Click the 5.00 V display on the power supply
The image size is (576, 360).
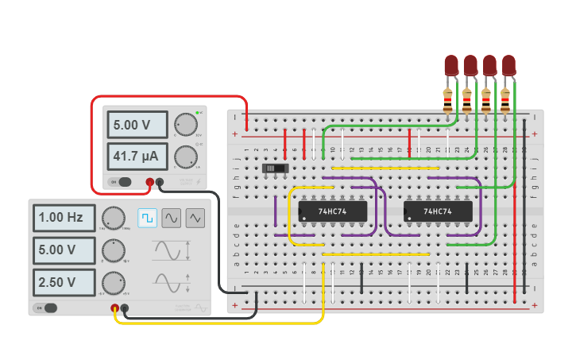(137, 125)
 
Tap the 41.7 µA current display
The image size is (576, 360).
(137, 156)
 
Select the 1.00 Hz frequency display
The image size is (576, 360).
(64, 217)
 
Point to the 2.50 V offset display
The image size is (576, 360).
(64, 282)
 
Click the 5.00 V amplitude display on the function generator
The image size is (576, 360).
(64, 250)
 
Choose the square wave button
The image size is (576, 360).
(148, 217)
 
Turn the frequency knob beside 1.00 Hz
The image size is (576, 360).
(113, 218)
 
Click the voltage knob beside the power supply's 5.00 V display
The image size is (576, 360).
(186, 125)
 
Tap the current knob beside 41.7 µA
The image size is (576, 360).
(186, 156)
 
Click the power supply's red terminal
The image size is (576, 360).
(149, 183)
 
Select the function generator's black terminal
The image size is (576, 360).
(125, 308)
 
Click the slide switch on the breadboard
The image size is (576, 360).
(275, 168)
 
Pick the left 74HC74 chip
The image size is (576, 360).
(333, 211)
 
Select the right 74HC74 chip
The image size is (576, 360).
(439, 211)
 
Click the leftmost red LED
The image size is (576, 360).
(451, 65)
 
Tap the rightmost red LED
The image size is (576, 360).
(508, 65)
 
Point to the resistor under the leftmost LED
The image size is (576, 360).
(447, 100)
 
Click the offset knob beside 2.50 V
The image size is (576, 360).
(113, 282)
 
